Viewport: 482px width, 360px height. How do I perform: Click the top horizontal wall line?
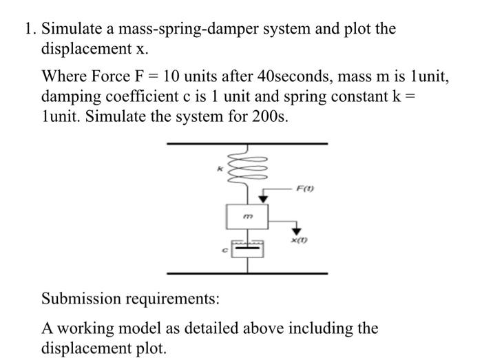click(x=247, y=145)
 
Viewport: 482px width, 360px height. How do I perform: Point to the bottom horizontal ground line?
click(x=247, y=273)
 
